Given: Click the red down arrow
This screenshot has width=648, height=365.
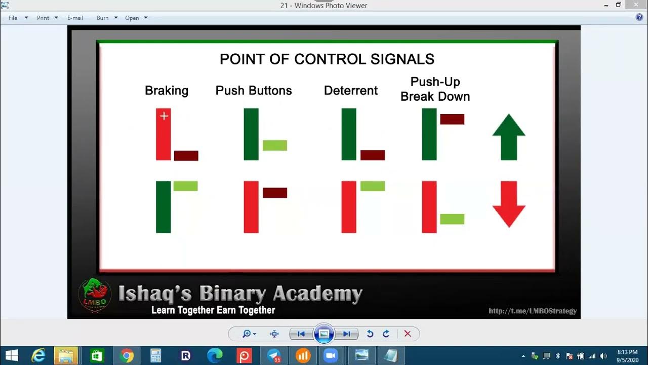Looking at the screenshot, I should coord(509,203).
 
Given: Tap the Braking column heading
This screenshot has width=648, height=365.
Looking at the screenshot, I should coord(167,91).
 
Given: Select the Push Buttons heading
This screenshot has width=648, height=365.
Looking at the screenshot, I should coord(254,91).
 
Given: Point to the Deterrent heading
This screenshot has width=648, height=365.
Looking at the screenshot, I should coord(351,91).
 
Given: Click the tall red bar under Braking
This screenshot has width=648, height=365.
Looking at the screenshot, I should coord(163,134).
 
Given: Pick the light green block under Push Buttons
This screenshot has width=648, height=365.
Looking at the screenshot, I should coord(275,145).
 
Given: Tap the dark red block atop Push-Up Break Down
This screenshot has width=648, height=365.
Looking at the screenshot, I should coord(452,119).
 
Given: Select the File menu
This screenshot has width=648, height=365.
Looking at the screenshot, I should coord(13,18).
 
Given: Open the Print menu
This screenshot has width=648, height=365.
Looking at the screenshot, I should coord(43,18).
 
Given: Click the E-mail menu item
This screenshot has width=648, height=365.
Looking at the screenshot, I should coord(75,18).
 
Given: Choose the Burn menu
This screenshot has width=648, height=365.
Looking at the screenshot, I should coord(103,18).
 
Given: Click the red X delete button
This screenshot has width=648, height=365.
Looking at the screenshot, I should coord(408,334).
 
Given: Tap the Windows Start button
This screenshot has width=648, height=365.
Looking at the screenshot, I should coord(11,355).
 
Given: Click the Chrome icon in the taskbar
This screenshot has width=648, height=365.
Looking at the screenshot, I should coord(127,355).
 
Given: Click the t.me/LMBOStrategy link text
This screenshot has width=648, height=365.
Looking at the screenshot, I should coord(533,311).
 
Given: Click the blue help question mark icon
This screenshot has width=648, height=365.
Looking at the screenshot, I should coord(639,18).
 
